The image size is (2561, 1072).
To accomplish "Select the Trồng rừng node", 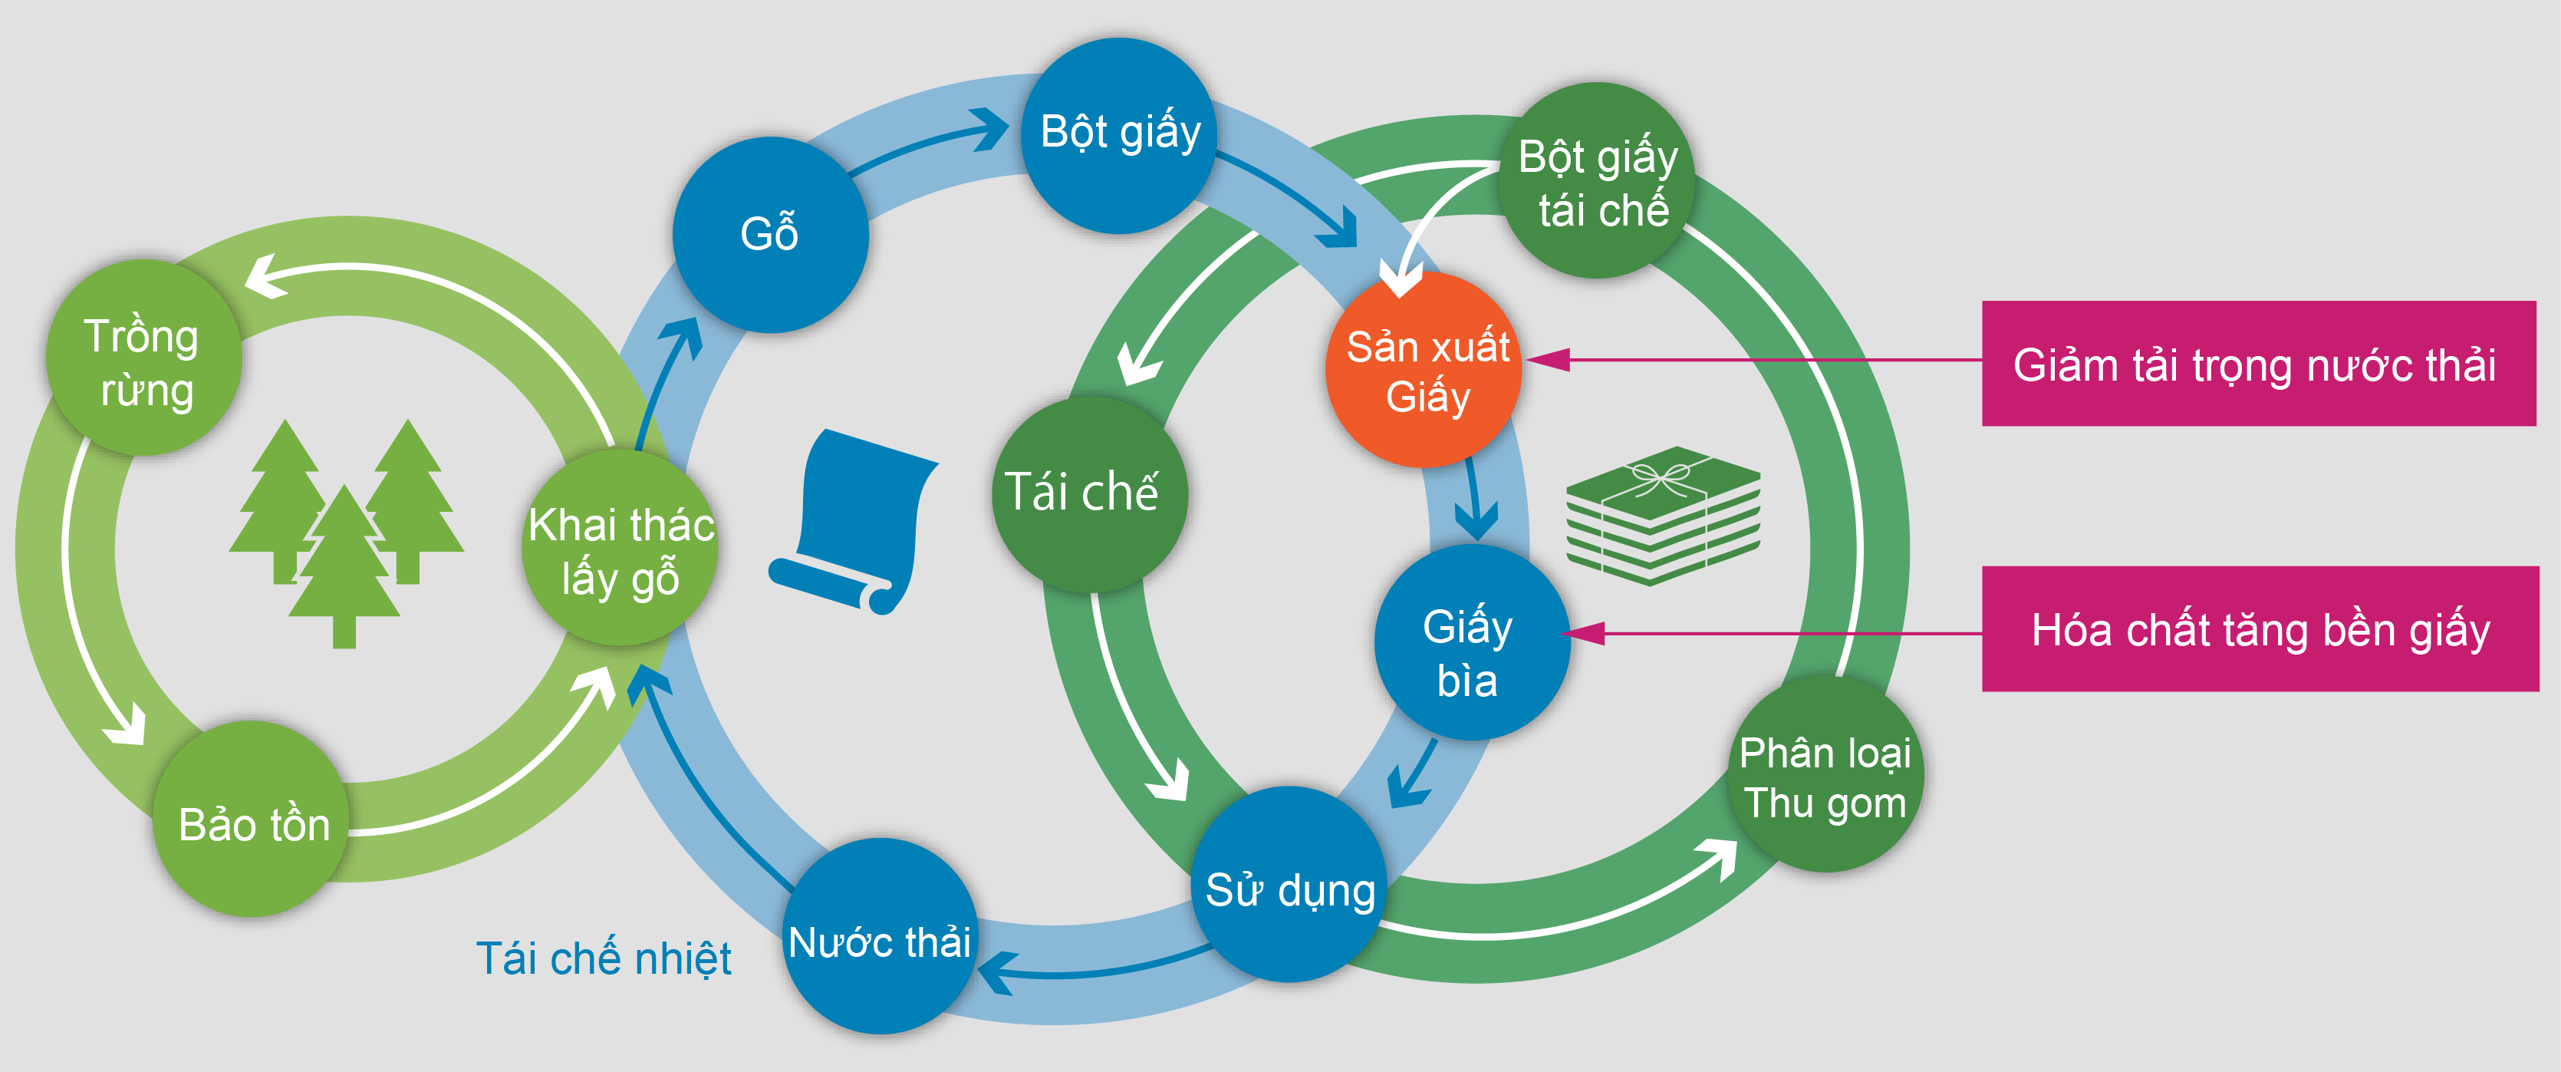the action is pos(144,358).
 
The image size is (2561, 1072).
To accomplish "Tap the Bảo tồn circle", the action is pos(252,819).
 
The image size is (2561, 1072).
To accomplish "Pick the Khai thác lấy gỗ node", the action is pos(620,548).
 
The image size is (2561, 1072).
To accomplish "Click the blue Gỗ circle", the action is pos(771,235).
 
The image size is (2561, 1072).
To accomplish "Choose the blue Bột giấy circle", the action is pos(1121,137).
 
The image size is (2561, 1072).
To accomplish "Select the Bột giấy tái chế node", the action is pos(1597,180).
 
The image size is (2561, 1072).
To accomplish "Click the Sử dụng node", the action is pos(1289,884).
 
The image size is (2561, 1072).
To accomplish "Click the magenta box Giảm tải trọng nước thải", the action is pos(2259,364).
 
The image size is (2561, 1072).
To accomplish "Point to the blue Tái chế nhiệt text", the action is pos(604,958).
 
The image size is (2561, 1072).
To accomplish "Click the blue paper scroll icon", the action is pos(853,521).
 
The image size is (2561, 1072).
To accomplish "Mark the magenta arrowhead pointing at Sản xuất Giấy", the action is pos(1548,360).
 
